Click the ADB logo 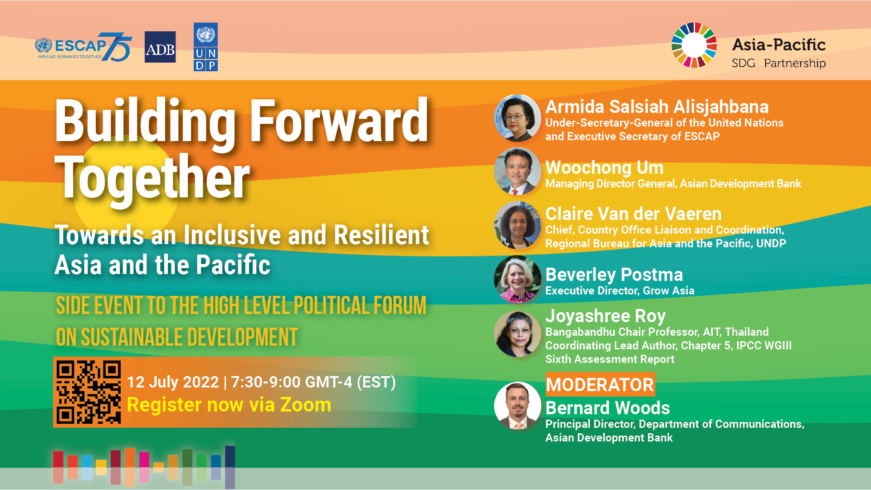pos(160,47)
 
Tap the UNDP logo pos(206,47)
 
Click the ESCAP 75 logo pos(83,47)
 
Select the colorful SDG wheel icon pos(694,45)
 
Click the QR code pos(88,392)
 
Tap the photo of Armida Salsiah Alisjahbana pos(517,118)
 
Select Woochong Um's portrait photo pos(517,171)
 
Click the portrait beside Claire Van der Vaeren pos(517,225)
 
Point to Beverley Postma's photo pos(517,279)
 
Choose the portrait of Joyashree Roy pos(517,334)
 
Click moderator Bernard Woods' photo pos(517,405)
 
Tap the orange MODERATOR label pos(600,385)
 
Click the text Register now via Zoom pos(229,405)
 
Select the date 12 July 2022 pos(173,382)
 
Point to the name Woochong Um pos(604,168)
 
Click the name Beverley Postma pos(614,274)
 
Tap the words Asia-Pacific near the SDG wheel pos(778,45)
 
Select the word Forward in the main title pos(339,121)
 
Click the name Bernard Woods pos(607,408)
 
